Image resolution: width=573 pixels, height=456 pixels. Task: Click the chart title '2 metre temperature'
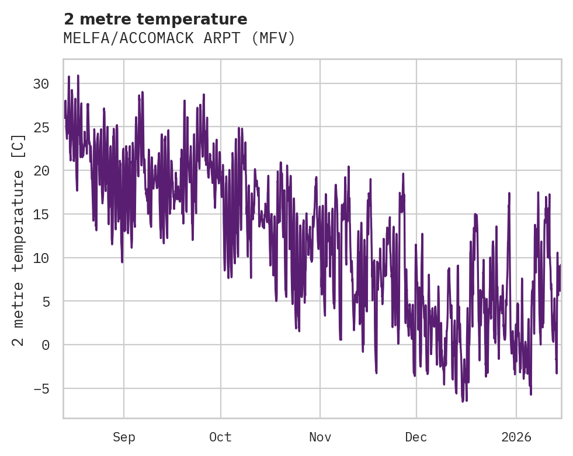155,19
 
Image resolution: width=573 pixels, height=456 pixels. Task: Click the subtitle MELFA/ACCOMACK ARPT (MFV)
179,38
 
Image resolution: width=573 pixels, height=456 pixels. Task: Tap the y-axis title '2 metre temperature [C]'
19,240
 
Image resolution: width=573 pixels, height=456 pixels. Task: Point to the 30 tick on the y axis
41,84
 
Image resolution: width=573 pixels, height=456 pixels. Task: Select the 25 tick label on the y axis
41,127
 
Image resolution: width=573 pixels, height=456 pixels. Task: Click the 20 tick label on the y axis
41,171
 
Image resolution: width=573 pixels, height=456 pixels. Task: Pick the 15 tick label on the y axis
41,215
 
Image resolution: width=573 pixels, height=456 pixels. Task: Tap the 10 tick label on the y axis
41,258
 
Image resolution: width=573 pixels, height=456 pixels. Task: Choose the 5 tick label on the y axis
45,301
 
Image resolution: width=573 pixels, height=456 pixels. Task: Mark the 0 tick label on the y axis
45,345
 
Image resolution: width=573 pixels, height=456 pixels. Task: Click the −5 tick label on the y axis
41,388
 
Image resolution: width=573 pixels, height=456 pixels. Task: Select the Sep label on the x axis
124,437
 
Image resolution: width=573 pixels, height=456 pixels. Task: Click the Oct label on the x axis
220,437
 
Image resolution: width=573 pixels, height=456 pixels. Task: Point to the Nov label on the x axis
320,437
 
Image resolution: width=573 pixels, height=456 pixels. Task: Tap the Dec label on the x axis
416,437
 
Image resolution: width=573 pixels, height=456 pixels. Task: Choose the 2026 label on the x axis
517,437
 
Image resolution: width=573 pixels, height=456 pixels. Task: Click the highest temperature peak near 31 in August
78,76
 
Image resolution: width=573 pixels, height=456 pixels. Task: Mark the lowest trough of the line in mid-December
463,401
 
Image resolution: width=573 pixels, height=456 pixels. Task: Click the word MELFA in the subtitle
81,38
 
